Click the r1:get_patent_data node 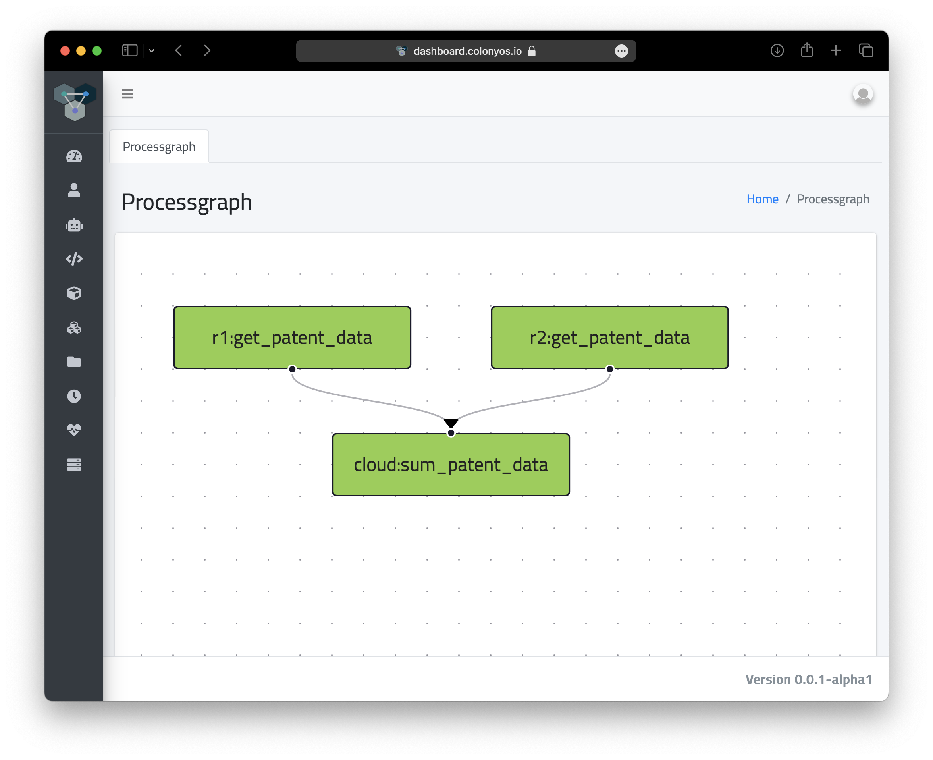[292, 337]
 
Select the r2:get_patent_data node [609, 337]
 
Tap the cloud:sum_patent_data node [451, 465]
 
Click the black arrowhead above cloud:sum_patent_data [451, 423]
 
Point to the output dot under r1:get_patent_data [292, 369]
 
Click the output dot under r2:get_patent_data [609, 369]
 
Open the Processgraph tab [159, 146]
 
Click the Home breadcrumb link [762, 199]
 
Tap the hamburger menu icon [127, 94]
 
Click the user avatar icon [863, 94]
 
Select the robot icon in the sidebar [74, 225]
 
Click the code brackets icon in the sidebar [74, 259]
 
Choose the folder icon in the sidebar [74, 362]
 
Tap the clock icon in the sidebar [74, 396]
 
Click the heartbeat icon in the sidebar [74, 430]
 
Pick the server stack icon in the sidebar [74, 465]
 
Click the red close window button [65, 51]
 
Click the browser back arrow [179, 51]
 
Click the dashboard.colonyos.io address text [467, 51]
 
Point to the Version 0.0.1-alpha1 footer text [809, 679]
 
